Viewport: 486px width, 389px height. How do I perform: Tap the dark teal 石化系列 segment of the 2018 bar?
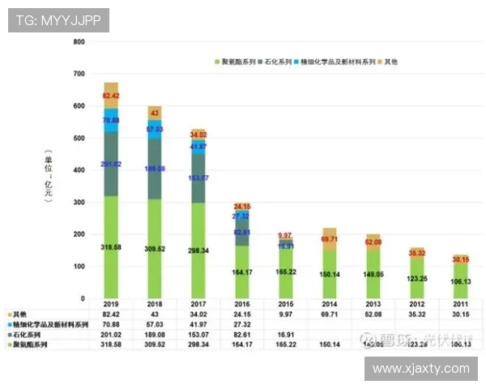pyautogui.click(x=155, y=169)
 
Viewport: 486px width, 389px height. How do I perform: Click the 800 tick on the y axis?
pyautogui.click(x=79, y=42)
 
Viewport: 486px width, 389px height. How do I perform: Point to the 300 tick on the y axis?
pyautogui.click(x=79, y=203)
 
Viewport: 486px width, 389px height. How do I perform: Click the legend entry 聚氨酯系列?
pyautogui.click(x=238, y=62)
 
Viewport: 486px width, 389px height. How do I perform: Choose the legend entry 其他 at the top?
pyautogui.click(x=391, y=62)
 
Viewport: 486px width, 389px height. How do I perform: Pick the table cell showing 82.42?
pyautogui.click(x=111, y=313)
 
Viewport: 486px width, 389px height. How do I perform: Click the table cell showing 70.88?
pyautogui.click(x=111, y=323)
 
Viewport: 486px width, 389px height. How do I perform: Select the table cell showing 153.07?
pyautogui.click(x=198, y=334)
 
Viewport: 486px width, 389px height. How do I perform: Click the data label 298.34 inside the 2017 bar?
pyautogui.click(x=198, y=251)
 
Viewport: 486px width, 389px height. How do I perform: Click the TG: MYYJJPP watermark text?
pyautogui.click(x=58, y=20)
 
